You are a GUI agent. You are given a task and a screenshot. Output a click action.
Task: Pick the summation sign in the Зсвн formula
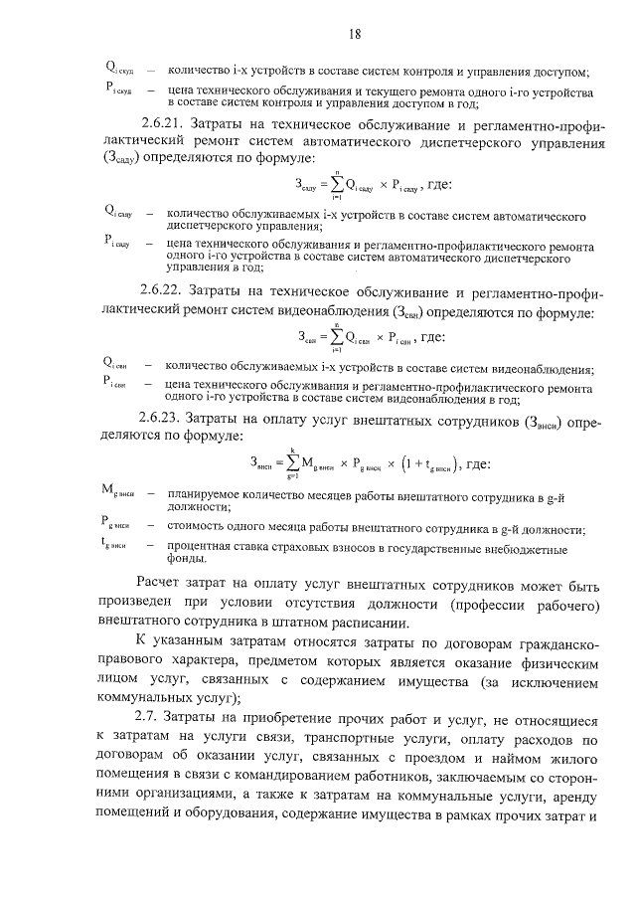[341, 337]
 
